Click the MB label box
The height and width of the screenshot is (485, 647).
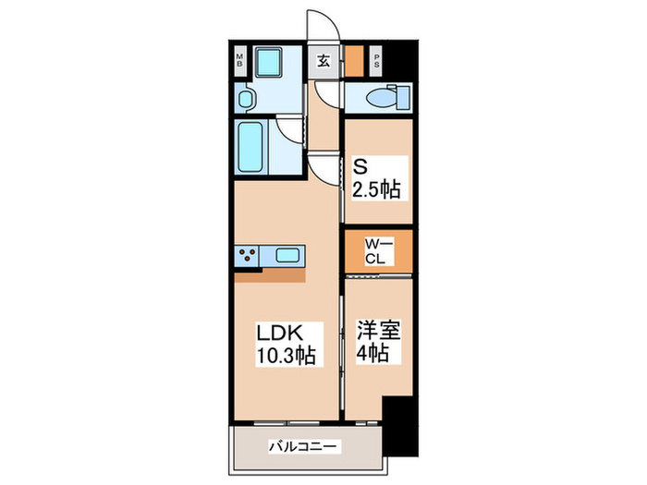click(x=238, y=62)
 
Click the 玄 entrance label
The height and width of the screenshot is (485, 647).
click(x=324, y=62)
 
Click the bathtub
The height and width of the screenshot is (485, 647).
click(x=251, y=146)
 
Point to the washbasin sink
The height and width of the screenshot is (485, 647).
click(x=246, y=99)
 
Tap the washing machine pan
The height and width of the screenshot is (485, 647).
click(x=272, y=64)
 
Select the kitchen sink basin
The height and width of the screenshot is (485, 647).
click(x=287, y=254)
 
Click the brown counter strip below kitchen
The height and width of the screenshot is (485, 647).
click(x=269, y=274)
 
